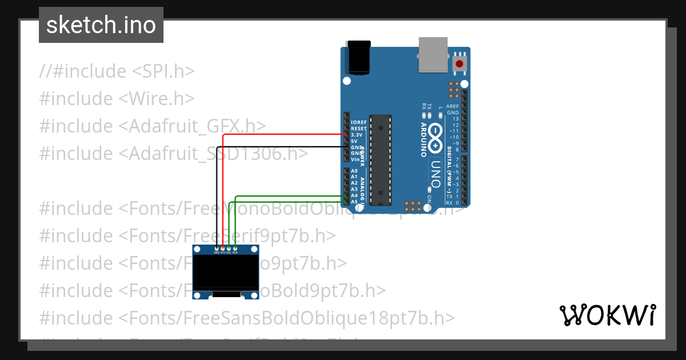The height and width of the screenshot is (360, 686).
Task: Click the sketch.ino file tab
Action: (101, 25)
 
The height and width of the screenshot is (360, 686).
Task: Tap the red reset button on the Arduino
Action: (459, 63)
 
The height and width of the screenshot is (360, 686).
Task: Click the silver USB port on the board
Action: (434, 55)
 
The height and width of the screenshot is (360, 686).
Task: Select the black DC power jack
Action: (359, 58)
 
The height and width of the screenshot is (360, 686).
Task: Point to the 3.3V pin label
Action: (358, 134)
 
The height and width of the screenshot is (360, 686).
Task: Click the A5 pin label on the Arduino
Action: (354, 202)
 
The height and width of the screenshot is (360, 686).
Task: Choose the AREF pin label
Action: (452, 106)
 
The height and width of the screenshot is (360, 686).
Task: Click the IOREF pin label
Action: (358, 122)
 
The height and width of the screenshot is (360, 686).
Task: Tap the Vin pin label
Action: (356, 159)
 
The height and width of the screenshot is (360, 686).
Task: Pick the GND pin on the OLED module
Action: (217, 249)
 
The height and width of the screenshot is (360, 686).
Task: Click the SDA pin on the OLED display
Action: (235, 249)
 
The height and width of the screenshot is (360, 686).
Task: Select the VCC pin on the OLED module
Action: (223, 249)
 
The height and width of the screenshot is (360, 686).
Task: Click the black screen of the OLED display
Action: (226, 272)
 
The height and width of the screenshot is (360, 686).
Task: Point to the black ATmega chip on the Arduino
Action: (380, 160)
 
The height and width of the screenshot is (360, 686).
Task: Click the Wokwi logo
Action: (607, 315)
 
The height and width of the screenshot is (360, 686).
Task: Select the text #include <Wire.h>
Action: (117, 98)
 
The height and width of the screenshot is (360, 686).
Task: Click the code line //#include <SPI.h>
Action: (117, 71)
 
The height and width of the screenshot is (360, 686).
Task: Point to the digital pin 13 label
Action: (455, 119)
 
